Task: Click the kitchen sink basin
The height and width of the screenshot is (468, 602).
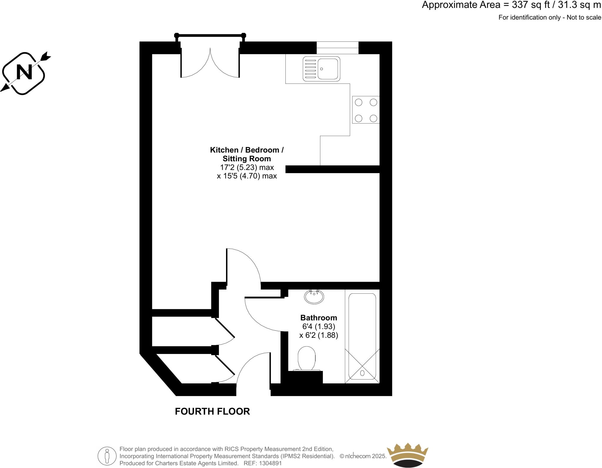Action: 327,69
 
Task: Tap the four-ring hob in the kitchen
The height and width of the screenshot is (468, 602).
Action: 366,110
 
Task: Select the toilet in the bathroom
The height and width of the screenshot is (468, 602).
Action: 306,358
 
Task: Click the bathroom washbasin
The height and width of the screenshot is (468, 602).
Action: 314,297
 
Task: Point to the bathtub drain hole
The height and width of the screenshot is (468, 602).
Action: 362,373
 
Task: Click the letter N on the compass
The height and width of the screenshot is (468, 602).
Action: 24,72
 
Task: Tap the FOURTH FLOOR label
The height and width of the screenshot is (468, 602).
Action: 212,411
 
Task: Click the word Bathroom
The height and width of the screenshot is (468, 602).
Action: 318,318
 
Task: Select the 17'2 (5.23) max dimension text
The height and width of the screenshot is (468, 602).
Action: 247,168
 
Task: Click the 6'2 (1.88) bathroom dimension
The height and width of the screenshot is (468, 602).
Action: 319,335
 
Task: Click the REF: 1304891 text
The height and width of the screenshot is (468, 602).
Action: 263,463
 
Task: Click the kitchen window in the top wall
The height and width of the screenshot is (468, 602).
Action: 337,48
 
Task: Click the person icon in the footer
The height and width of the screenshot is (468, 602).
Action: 107,456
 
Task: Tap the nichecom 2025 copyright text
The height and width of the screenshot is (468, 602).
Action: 363,456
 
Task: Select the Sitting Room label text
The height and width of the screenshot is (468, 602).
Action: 247,159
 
